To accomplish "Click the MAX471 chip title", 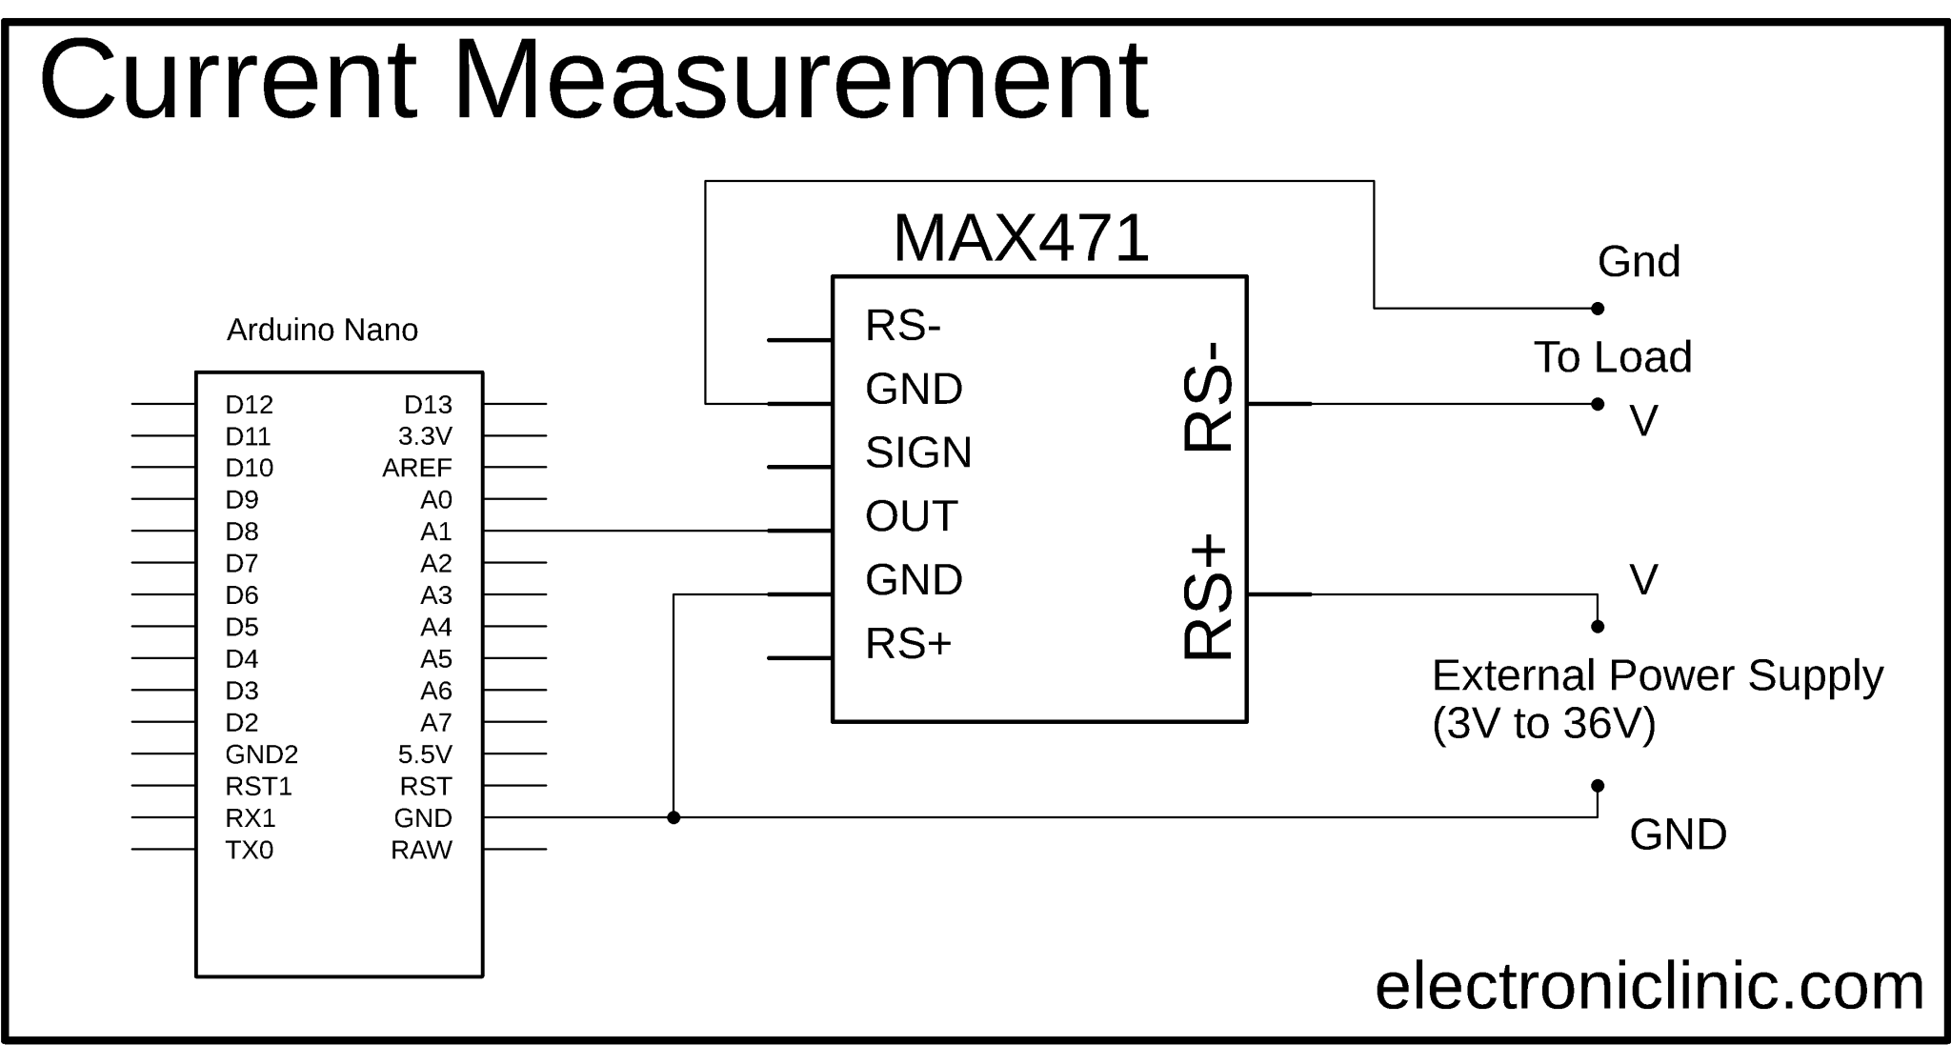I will pos(1020,238).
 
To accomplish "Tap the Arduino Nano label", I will pos(322,331).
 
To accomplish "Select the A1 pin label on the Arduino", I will pos(435,532).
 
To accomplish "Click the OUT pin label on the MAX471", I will pos(911,516).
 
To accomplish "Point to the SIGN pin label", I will pos(918,452).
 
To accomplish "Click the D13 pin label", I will pos(428,405).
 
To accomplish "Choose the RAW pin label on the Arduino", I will pos(421,850).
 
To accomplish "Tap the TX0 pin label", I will pos(249,850).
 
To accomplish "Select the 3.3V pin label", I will pos(425,436).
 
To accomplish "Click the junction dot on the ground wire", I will pos(674,817).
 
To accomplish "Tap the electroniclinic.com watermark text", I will pos(1649,987).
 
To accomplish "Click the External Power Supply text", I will pos(1657,675).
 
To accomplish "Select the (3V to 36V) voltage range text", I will pos(1543,724).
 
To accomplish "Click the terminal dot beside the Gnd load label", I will pos(1598,309).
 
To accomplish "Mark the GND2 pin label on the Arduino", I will pos(261,754).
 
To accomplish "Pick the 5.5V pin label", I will pos(425,754).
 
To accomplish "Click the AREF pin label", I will pos(416,468).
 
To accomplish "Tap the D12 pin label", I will pos(249,405).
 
